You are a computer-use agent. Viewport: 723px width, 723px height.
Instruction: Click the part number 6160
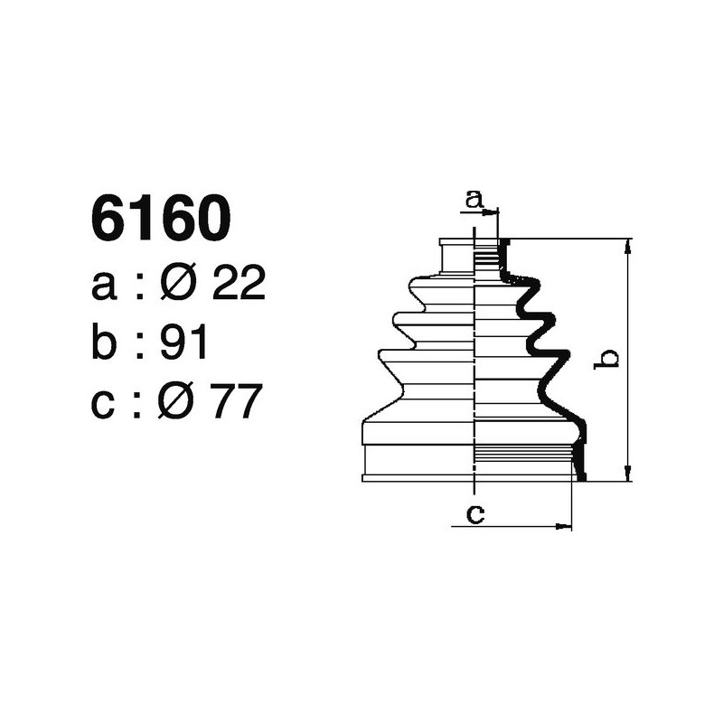coord(161,219)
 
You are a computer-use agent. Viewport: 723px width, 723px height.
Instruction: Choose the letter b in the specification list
coord(105,343)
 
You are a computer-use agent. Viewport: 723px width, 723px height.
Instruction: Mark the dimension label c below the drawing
coord(474,514)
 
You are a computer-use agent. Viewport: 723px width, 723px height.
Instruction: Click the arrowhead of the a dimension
coord(493,213)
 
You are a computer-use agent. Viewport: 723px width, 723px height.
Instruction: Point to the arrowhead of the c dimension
coord(567,525)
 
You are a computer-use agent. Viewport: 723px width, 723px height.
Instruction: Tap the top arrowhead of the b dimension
coord(627,245)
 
